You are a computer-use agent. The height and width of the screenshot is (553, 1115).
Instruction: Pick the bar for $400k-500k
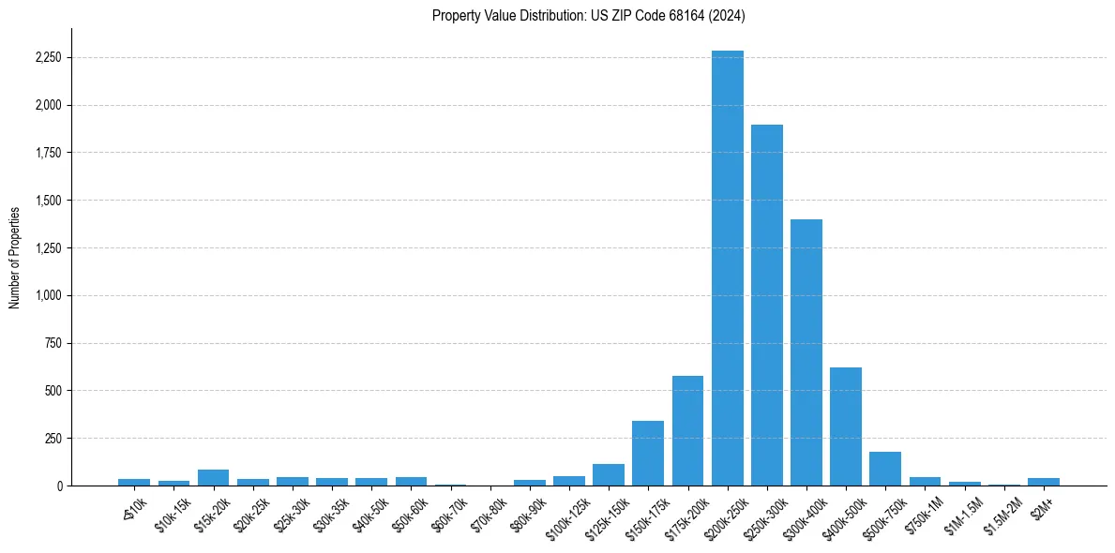tap(846, 426)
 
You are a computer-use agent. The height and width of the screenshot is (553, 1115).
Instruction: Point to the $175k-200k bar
tap(687, 430)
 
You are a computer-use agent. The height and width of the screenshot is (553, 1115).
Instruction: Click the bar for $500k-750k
tap(885, 469)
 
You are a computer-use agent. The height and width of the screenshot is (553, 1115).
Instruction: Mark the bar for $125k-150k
tap(609, 474)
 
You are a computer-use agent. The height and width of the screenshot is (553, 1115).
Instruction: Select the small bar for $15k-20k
tap(213, 477)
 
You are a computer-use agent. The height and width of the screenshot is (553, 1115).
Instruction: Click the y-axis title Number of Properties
tap(15, 257)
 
